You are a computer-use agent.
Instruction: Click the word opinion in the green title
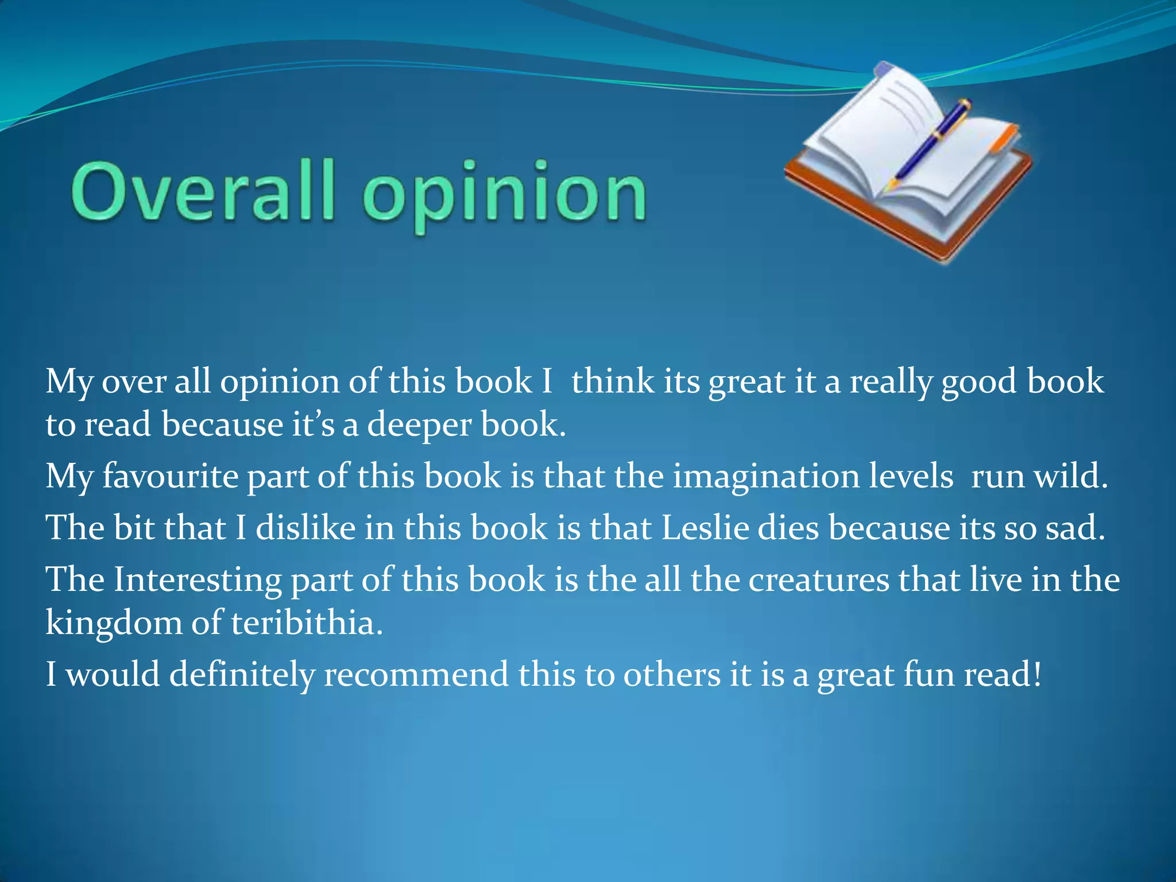(x=505, y=195)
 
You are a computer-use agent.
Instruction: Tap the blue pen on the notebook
(x=930, y=144)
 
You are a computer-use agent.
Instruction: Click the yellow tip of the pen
(x=892, y=185)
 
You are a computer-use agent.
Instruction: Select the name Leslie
(x=705, y=528)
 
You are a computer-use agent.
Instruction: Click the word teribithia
(x=306, y=622)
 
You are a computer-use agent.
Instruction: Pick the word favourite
(x=170, y=477)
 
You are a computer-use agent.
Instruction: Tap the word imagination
(x=765, y=477)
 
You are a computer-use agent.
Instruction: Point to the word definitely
(x=242, y=674)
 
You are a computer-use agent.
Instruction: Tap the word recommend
(x=416, y=674)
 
